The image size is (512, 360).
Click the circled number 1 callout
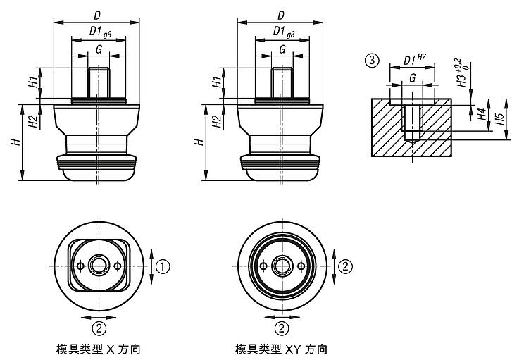(163, 266)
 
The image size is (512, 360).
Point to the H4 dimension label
(482, 114)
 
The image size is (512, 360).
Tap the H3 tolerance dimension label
(461, 73)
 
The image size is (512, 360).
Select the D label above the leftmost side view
(96, 15)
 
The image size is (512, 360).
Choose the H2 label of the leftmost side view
(32, 120)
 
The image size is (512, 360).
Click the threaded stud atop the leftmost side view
(99, 82)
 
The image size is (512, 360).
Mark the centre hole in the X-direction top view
(99, 266)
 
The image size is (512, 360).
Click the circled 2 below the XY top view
(281, 328)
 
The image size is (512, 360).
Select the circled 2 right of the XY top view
(346, 266)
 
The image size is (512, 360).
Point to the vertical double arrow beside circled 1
(152, 266)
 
